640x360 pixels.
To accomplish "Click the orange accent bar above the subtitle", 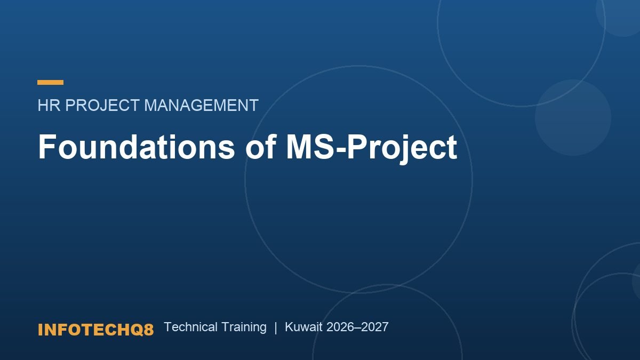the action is pos(50,82).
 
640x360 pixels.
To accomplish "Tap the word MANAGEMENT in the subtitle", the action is pos(202,105).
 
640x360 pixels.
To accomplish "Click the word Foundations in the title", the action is pos(137,147).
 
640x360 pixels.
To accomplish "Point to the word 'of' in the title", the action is pos(261,147).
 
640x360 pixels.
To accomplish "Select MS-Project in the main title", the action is pos(371,148).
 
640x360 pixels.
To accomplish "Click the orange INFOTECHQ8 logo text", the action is pos(95,330).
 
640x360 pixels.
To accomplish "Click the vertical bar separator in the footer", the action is pos(276,327).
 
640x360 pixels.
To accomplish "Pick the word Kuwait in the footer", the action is pos(303,327).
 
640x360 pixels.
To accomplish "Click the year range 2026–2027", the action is pos(357,327).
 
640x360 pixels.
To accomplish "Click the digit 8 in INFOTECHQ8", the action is pos(149,330).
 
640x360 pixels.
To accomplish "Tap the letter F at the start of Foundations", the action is pos(47,147).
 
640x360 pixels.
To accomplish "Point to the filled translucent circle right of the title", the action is pos(573,117).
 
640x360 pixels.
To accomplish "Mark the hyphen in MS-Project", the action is pos(341,150).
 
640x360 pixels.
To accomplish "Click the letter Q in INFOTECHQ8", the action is pos(137,330).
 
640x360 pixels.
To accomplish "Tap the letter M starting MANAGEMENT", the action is pos(151,105).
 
